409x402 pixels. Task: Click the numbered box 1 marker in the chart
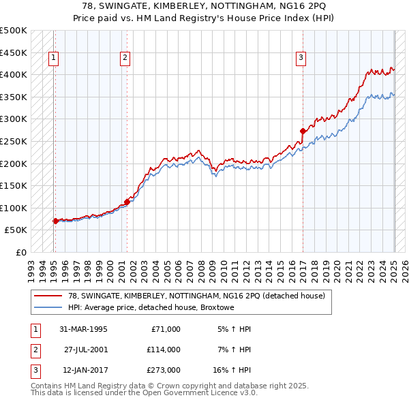53,59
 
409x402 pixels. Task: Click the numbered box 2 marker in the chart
125,59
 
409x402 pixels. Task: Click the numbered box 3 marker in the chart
300,59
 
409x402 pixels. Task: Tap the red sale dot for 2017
303,130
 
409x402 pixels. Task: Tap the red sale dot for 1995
55,221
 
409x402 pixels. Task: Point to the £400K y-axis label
14,74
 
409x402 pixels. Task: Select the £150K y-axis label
14,185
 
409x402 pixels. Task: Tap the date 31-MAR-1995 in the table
83,329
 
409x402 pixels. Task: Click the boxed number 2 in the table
34,350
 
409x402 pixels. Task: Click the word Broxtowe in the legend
217,307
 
